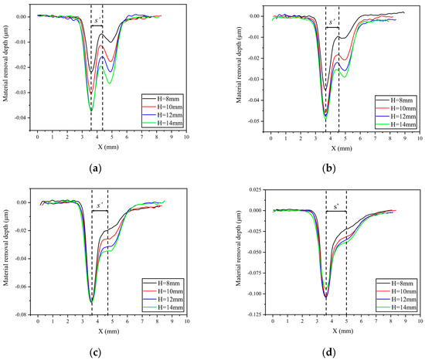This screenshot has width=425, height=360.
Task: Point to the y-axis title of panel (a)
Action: (6, 67)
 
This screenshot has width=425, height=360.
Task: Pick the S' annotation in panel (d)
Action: (335, 206)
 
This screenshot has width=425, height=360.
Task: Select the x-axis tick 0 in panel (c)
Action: (37, 319)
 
